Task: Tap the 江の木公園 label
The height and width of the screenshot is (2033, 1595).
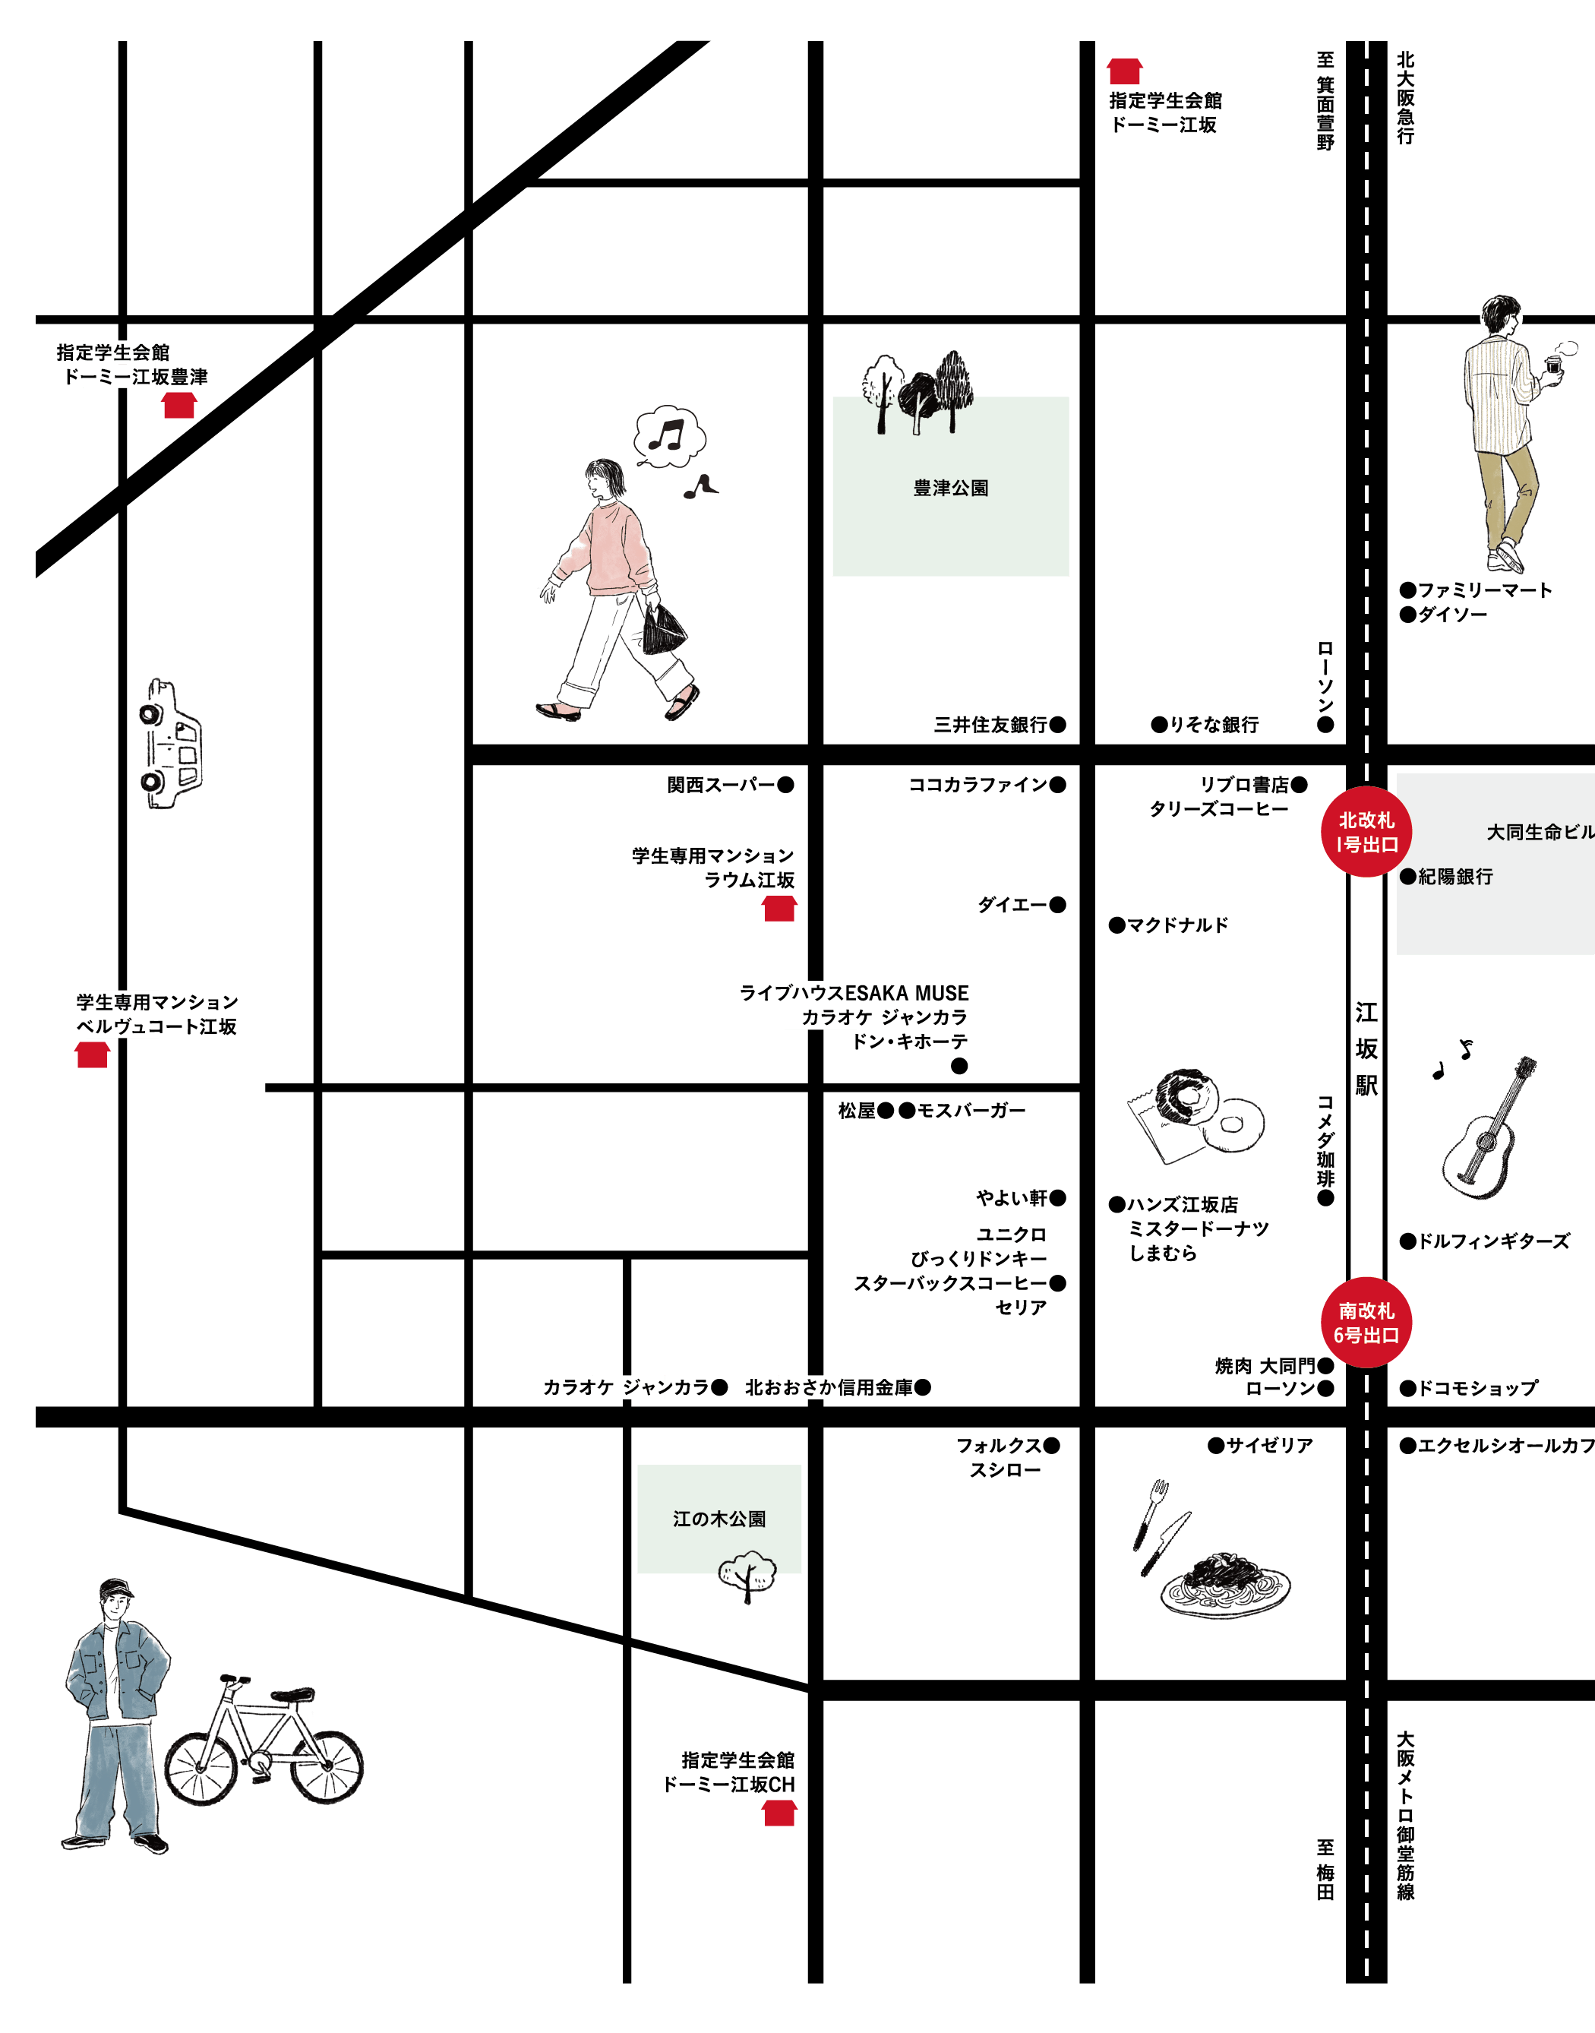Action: click(719, 1519)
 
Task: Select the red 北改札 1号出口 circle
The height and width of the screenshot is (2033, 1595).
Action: click(1366, 832)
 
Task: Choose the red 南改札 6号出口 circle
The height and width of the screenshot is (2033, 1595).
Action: click(1366, 1323)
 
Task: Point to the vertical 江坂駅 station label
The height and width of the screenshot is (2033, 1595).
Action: click(1366, 1048)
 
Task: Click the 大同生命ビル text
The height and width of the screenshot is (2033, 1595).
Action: click(1539, 832)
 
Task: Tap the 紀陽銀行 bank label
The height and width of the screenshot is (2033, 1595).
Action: click(1455, 877)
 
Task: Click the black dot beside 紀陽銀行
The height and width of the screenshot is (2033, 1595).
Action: click(1407, 876)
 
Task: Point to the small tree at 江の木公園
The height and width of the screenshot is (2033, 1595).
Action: click(747, 1571)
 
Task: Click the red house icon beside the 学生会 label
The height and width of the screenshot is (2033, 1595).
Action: click(178, 405)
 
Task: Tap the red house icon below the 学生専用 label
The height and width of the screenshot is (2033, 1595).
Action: click(93, 1054)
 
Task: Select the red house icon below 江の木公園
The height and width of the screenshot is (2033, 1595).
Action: click(779, 1813)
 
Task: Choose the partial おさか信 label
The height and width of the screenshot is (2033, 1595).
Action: click(815, 1386)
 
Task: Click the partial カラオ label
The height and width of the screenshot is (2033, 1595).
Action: click(826, 1017)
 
